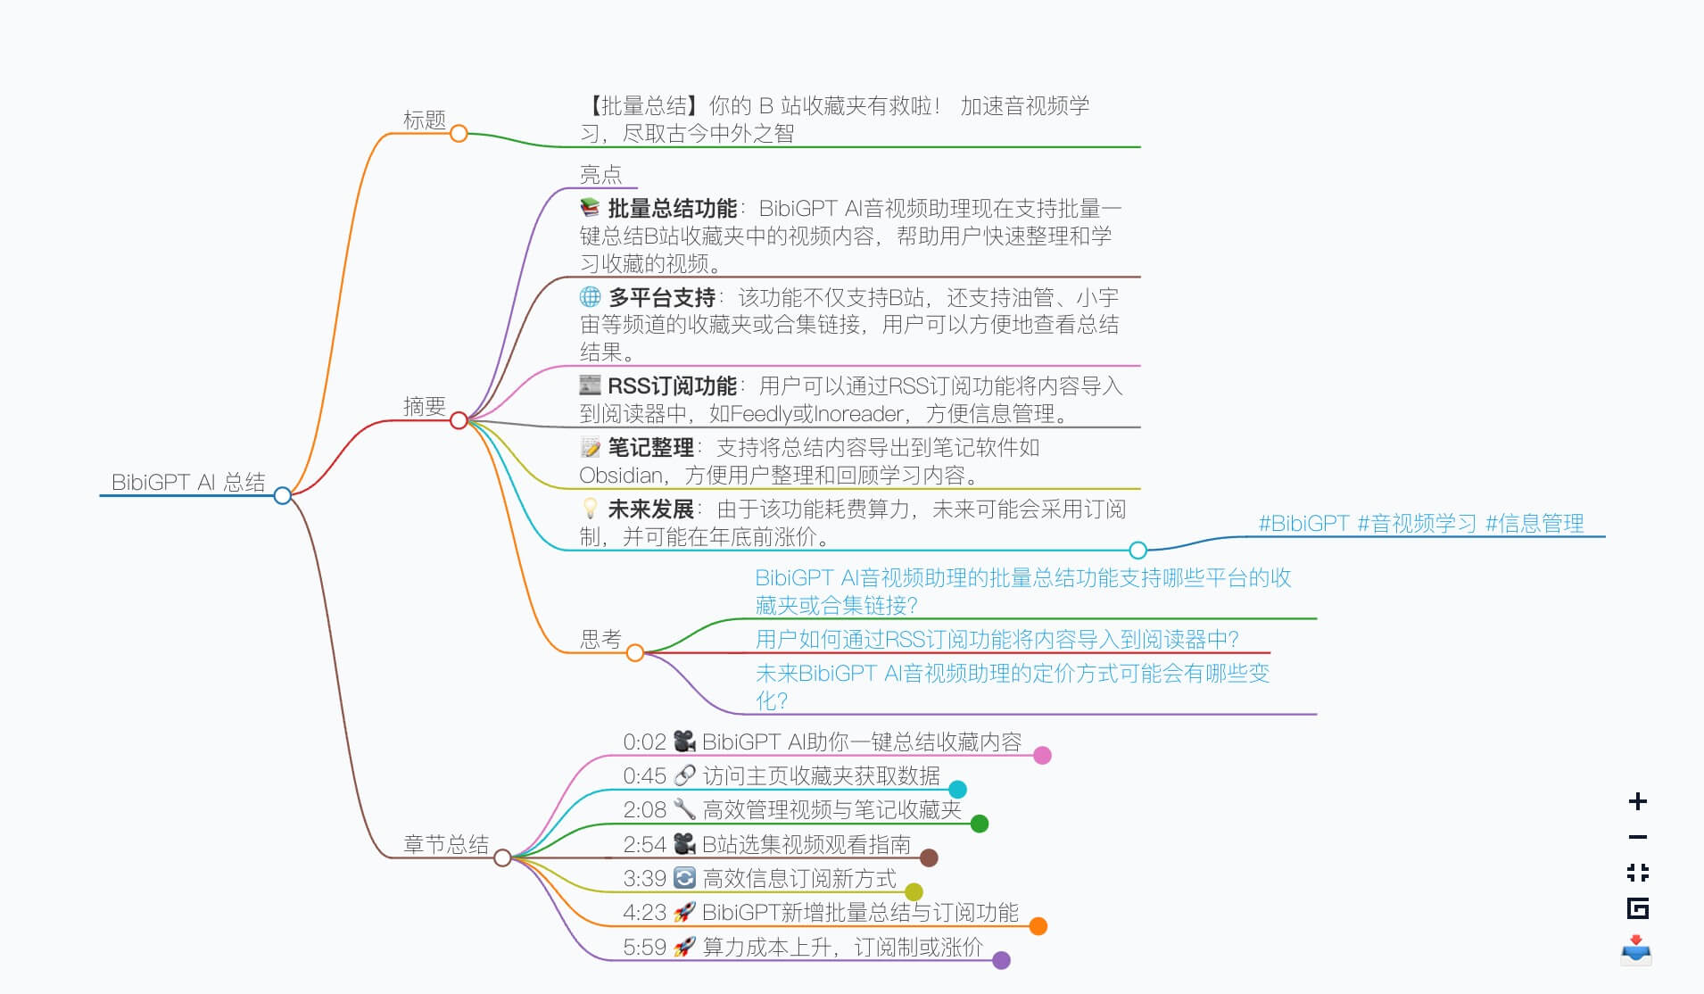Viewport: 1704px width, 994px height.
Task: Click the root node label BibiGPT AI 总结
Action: tap(188, 483)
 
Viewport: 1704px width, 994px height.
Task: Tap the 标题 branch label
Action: tap(424, 120)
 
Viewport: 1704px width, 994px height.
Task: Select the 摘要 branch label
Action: tap(424, 407)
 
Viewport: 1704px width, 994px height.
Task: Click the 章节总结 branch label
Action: tap(446, 844)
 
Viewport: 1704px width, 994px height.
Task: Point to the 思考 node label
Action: tap(600, 639)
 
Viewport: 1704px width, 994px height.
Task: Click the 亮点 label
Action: tap(600, 174)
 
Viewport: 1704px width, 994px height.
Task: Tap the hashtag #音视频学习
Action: tap(1417, 524)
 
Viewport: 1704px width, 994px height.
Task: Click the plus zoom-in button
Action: tap(1637, 801)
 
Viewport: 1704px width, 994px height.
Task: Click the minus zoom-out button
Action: tap(1637, 837)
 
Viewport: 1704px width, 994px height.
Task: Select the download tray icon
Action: tap(1636, 949)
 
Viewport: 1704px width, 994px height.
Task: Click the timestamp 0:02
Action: tap(644, 742)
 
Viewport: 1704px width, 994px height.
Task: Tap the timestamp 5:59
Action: tap(644, 947)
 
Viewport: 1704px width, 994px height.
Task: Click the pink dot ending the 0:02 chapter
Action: tap(1042, 756)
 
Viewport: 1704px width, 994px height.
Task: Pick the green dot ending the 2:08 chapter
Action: tap(980, 824)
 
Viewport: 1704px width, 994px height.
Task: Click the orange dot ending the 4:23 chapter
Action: tap(1038, 926)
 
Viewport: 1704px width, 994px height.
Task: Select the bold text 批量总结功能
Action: tap(672, 209)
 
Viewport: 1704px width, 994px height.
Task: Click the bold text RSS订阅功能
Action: tap(672, 386)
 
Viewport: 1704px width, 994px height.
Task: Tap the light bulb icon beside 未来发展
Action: tap(590, 509)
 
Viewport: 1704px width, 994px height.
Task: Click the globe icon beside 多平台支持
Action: tap(590, 296)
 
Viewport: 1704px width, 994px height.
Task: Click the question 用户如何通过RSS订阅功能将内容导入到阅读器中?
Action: tap(997, 640)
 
